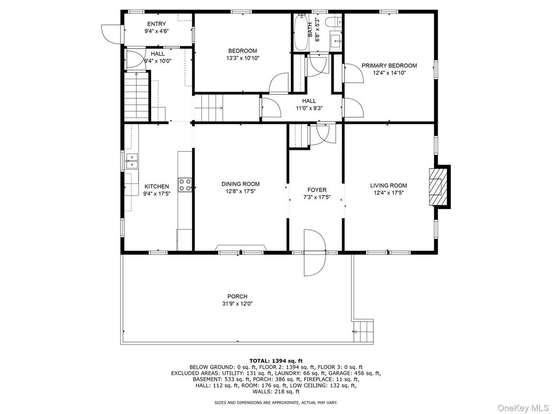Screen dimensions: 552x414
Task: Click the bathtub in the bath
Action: [x=301, y=32]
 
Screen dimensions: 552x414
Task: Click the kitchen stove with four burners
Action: [x=185, y=185]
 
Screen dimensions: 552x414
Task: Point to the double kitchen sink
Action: [x=132, y=161]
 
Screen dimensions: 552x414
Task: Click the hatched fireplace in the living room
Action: [x=438, y=186]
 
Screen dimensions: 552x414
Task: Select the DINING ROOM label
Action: [x=240, y=184]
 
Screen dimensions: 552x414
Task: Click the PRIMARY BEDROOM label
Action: [x=389, y=65]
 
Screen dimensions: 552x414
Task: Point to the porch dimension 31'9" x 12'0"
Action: [x=237, y=304]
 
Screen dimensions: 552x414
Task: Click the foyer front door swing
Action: [x=315, y=252]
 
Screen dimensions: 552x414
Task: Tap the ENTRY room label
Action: [x=157, y=24]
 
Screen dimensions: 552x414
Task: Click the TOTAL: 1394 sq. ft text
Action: [x=276, y=360]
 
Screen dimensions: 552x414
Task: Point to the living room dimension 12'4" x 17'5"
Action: [x=389, y=193]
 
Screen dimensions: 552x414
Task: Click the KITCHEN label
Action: [x=157, y=186]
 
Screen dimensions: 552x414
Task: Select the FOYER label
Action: [x=317, y=190]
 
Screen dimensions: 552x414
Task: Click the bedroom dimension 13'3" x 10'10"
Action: [x=243, y=58]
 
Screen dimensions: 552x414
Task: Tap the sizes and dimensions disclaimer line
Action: [x=276, y=402]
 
